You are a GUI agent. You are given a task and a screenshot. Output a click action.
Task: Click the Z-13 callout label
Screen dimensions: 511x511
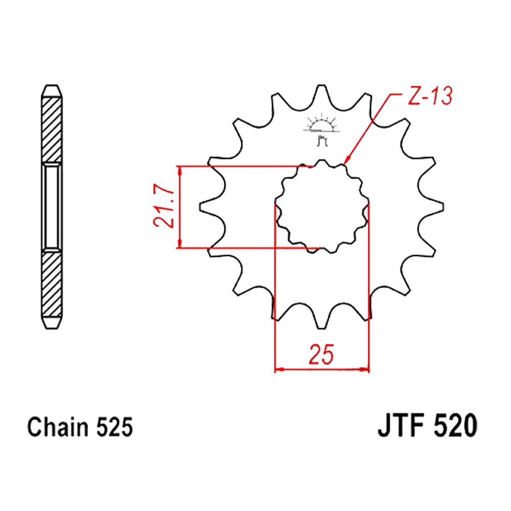coord(430,96)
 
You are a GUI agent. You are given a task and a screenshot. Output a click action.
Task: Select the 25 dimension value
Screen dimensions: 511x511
coord(321,354)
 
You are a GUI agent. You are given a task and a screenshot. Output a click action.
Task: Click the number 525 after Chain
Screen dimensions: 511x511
coord(114,427)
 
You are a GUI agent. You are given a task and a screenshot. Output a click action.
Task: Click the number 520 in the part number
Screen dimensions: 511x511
coord(456,426)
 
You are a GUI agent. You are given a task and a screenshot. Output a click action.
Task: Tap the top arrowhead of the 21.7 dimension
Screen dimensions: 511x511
coord(179,171)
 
